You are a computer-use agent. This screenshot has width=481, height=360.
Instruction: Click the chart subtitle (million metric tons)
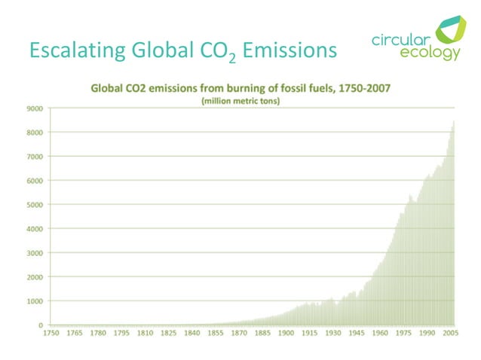[240, 102]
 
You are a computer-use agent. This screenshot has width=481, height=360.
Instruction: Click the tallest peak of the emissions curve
[453, 122]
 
